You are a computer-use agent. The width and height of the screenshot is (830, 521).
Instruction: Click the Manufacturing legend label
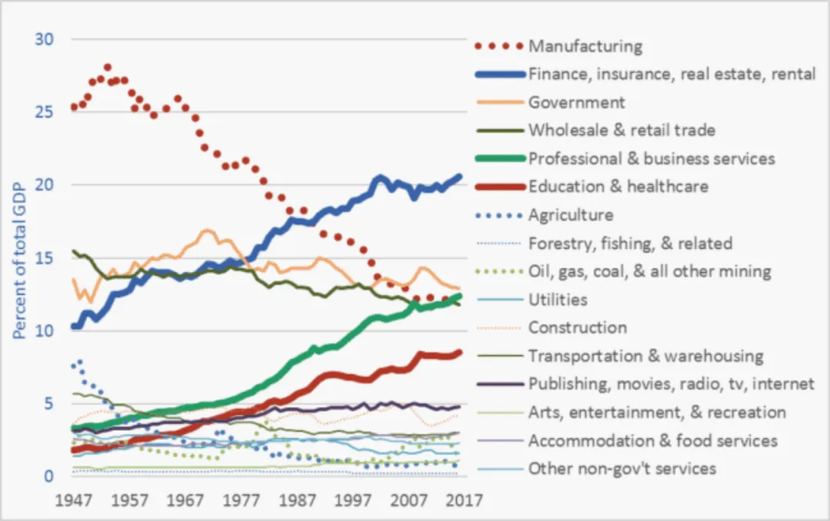(585, 46)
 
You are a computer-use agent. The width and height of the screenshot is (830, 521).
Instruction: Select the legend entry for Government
(576, 102)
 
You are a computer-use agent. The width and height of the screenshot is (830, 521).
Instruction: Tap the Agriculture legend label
(570, 215)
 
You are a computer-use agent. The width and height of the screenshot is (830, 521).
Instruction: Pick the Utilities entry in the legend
(558, 299)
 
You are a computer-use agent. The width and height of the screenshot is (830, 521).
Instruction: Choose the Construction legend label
(577, 328)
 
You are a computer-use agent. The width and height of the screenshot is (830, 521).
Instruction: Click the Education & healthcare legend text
(618, 187)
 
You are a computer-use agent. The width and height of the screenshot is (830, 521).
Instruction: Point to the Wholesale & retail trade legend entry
(622, 130)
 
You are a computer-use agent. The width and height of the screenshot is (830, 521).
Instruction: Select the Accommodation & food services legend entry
(652, 441)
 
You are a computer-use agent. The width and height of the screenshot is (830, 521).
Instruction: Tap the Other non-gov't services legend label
(622, 469)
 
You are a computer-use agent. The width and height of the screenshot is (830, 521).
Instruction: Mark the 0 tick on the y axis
(49, 476)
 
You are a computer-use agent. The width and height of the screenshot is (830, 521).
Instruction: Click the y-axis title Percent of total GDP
(18, 257)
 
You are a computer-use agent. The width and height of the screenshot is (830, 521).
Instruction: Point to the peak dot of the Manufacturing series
(108, 67)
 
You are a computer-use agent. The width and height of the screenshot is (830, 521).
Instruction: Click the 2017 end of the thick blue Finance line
(459, 177)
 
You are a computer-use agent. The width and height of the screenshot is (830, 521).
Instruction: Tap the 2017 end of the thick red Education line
(459, 353)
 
